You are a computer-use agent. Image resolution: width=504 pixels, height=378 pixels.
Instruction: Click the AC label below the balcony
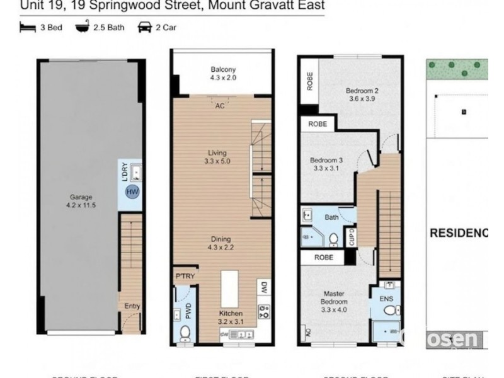[220, 106]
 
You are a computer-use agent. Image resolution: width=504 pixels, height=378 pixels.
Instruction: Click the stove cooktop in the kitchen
[264, 310]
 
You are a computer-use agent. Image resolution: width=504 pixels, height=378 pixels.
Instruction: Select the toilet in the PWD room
[185, 331]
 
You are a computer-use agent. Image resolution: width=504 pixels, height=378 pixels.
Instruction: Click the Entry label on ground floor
[132, 306]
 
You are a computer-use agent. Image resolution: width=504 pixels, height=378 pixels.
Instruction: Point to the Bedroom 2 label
[362, 94]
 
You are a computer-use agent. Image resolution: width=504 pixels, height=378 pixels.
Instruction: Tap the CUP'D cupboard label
[352, 238]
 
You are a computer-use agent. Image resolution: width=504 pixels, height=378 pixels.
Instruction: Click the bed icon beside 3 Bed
[27, 27]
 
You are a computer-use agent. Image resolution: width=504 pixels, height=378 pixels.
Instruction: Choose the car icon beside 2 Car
[144, 27]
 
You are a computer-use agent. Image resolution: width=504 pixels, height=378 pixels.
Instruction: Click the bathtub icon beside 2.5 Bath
[82, 27]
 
